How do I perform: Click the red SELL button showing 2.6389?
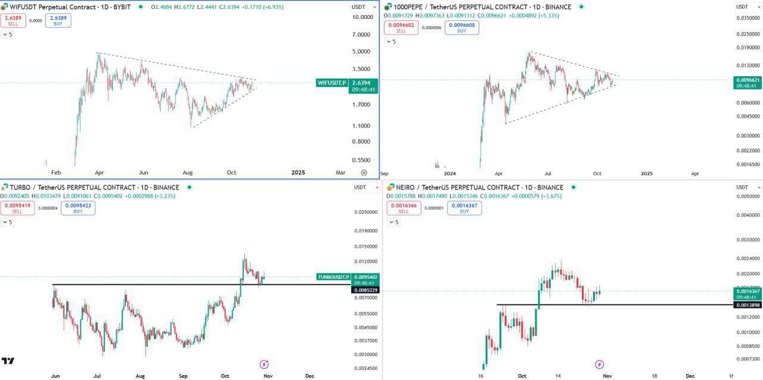tap(13, 21)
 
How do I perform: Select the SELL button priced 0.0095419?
tap(17, 208)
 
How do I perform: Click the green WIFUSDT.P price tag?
tap(332, 83)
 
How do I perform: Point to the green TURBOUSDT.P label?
tap(333, 277)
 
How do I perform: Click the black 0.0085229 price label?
tap(365, 290)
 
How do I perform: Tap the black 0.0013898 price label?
tap(748, 305)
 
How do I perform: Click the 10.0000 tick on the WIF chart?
tap(362, 17)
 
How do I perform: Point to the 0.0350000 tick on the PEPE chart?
tap(748, 18)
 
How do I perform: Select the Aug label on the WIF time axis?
tap(187, 173)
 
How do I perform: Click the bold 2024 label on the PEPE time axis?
tap(450, 174)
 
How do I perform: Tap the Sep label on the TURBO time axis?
tap(184, 376)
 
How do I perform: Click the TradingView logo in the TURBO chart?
tap(8, 361)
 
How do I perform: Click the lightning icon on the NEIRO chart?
tap(599, 364)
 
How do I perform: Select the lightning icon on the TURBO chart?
tap(264, 364)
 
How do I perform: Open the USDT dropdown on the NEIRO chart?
tap(746, 188)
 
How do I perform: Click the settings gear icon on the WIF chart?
tap(364, 173)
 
